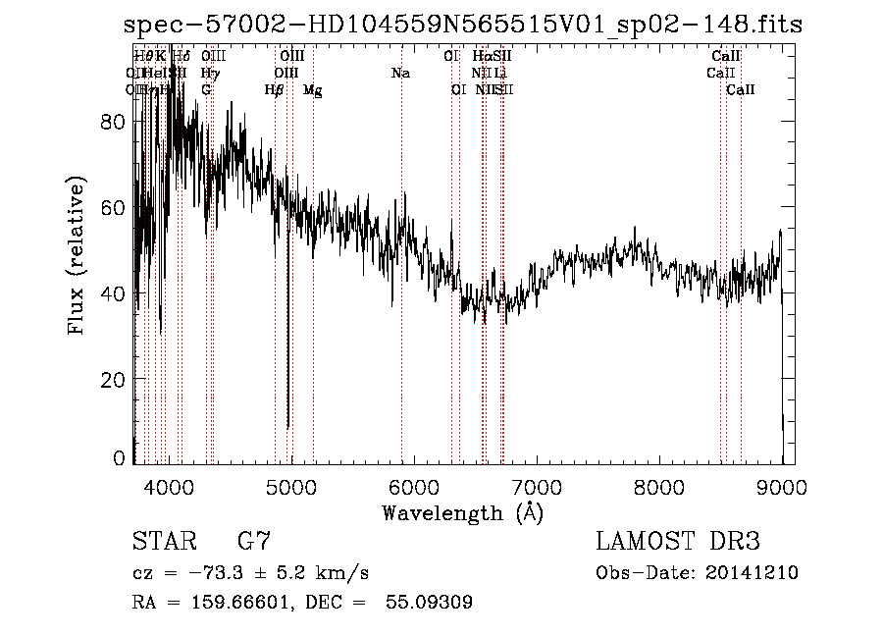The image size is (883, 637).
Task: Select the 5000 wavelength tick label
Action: click(289, 486)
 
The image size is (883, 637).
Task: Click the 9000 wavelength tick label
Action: click(782, 486)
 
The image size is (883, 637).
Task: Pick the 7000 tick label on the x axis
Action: click(536, 486)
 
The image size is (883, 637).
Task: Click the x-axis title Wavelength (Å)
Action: click(462, 512)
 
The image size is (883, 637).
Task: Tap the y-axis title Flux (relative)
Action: click(77, 255)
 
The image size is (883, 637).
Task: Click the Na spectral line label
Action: click(400, 73)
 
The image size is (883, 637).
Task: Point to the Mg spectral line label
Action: click(313, 90)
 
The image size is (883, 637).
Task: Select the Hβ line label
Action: click(275, 90)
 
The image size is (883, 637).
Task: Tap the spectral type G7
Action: click(254, 541)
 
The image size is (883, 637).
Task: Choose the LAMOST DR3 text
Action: click(677, 541)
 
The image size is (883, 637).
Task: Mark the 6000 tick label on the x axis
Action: click(413, 486)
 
